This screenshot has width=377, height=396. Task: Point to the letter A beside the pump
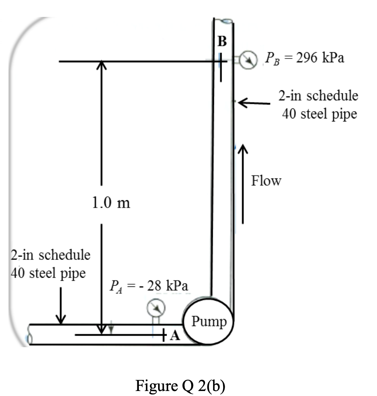click(x=175, y=336)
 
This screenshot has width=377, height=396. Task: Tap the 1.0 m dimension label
click(x=111, y=203)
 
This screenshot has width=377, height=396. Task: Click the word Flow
click(x=266, y=180)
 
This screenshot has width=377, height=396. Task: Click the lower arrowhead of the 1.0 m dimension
click(x=101, y=330)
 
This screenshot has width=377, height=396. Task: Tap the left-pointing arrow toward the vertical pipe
click(x=254, y=102)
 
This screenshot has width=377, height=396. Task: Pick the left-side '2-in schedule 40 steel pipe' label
click(x=50, y=264)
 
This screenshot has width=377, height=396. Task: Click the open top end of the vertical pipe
click(x=223, y=20)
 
